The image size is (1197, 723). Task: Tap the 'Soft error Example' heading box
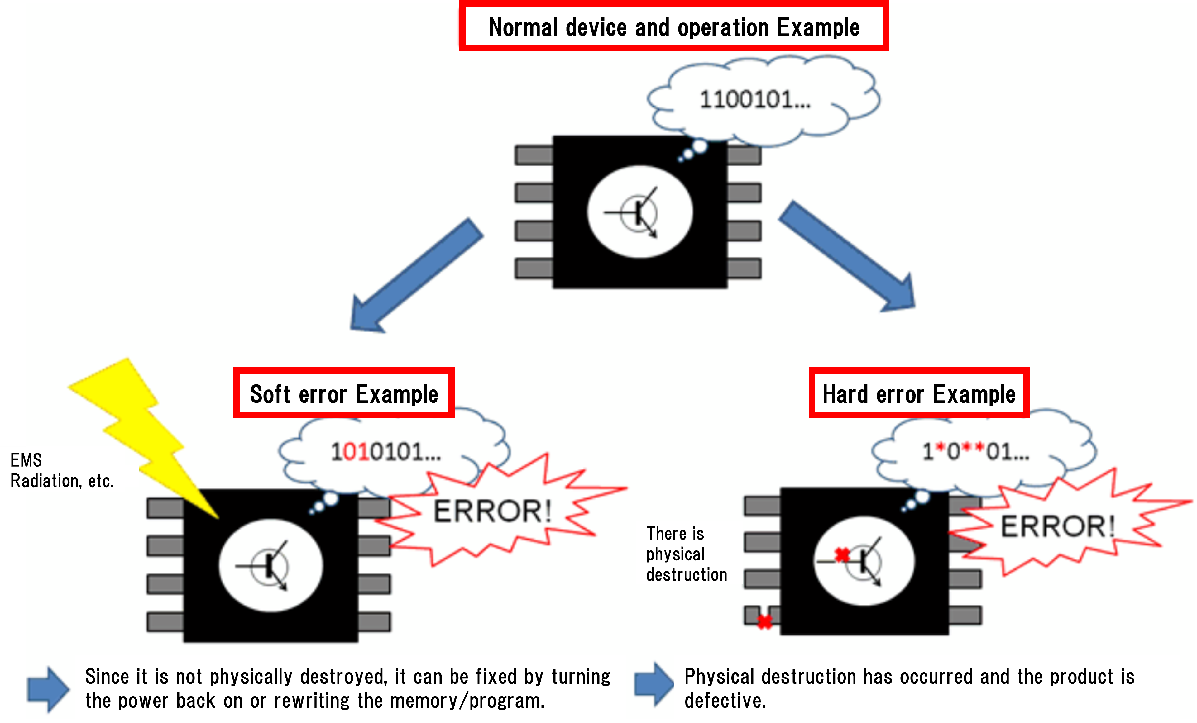click(344, 393)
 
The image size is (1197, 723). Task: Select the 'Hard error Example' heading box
click(919, 393)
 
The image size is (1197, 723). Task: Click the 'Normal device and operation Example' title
click(674, 27)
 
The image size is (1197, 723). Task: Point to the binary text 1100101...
click(754, 100)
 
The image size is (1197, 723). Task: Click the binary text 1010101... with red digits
click(385, 452)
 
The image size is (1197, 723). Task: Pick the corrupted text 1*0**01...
click(975, 452)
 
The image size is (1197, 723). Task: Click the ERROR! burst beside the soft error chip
click(492, 511)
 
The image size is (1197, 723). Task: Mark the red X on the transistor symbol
click(842, 554)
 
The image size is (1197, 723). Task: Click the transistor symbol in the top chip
click(638, 213)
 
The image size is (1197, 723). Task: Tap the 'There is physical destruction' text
click(686, 554)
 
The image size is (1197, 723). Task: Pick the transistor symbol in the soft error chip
click(270, 566)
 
